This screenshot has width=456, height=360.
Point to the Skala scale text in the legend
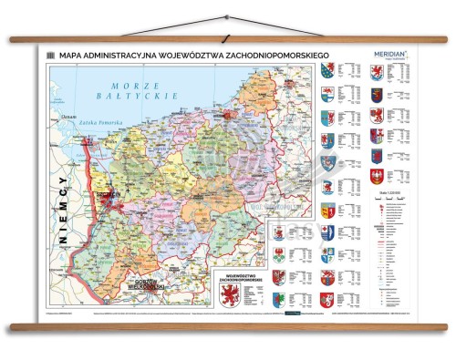point(378,189)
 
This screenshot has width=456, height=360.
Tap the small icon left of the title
point(51,55)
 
